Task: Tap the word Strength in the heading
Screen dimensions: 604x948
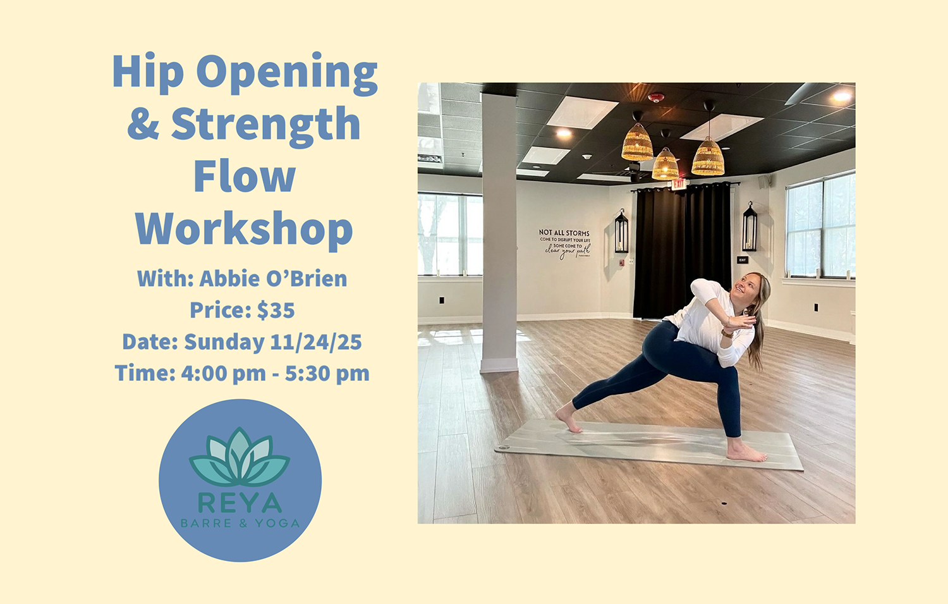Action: (265, 125)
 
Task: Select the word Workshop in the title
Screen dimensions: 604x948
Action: (244, 230)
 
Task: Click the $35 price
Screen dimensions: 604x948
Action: (276, 311)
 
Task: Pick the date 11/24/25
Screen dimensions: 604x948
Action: (316, 342)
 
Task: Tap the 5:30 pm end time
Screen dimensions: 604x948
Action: (327, 373)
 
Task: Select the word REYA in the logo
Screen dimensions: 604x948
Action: (240, 503)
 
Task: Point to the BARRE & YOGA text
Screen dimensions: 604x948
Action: (240, 523)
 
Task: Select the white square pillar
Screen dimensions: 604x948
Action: (499, 234)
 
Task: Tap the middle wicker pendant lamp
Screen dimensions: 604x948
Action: (665, 164)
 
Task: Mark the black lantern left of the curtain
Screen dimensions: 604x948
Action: (621, 232)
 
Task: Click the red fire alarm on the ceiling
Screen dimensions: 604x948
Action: (656, 97)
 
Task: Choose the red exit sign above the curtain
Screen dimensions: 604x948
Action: (678, 184)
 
